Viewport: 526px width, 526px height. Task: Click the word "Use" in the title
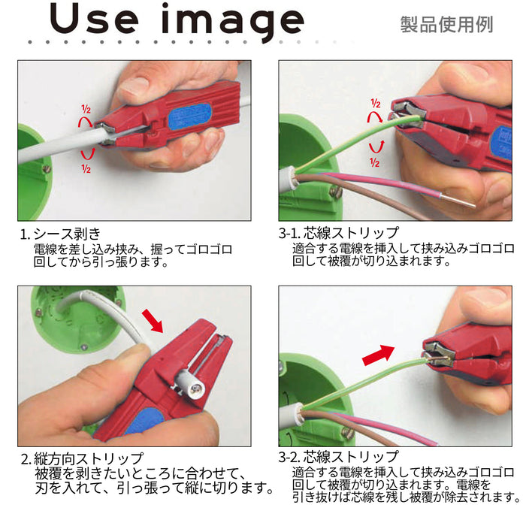click(94, 19)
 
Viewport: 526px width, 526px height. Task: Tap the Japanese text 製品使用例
click(446, 25)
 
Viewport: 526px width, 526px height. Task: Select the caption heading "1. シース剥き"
click(60, 234)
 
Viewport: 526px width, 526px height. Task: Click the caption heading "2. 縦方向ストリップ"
click(82, 458)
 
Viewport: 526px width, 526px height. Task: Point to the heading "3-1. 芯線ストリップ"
click(338, 233)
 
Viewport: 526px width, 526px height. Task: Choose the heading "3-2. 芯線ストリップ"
click(338, 457)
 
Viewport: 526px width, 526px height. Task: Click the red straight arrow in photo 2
click(153, 321)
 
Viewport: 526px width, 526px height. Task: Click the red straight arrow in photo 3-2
click(378, 355)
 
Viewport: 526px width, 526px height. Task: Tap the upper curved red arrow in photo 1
click(84, 121)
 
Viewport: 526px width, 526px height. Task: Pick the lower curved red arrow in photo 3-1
click(376, 147)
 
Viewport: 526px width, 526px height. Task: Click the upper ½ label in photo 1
click(86, 109)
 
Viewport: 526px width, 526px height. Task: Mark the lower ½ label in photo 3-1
click(374, 163)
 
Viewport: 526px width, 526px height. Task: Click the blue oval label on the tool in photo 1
click(189, 116)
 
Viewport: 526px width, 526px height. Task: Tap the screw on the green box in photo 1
click(47, 169)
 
